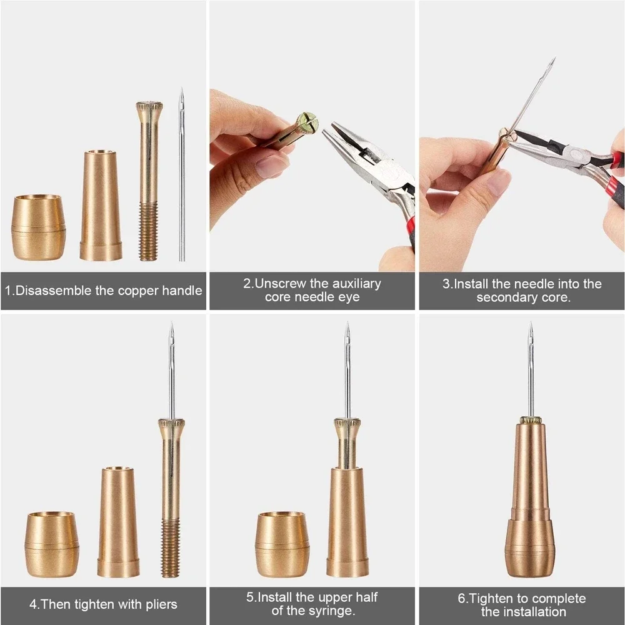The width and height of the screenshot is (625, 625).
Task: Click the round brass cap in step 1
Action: coord(38,227)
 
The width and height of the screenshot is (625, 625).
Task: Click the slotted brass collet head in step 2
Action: coord(307,123)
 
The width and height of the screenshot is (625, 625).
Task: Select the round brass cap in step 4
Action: coord(52,544)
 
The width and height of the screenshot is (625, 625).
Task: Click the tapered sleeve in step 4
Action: coord(118,522)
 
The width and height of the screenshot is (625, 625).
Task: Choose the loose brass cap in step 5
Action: coord(282,544)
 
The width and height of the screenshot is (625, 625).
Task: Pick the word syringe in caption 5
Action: coord(332,611)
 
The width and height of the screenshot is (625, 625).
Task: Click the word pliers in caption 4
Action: coord(160,604)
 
